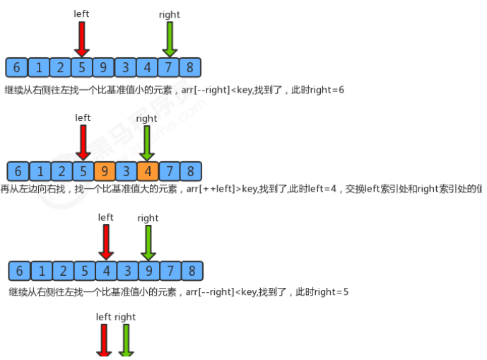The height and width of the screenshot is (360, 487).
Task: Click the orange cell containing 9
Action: click(105, 171)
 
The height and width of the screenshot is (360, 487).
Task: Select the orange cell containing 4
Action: click(148, 171)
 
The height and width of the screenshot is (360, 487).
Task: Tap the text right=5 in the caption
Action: click(329, 291)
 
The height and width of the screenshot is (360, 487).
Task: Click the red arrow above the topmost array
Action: click(82, 39)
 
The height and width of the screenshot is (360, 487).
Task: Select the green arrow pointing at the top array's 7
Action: click(169, 39)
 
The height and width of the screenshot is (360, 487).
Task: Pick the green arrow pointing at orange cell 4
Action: click(146, 142)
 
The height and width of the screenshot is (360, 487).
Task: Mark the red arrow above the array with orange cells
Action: click(83, 142)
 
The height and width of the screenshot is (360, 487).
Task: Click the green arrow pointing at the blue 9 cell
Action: click(148, 242)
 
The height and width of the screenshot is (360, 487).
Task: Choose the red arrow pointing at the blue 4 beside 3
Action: click(106, 242)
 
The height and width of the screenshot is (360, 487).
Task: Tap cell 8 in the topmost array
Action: click(190, 68)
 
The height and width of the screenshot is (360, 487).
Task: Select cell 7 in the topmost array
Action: click(169, 68)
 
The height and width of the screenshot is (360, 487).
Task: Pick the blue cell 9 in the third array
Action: click(148, 271)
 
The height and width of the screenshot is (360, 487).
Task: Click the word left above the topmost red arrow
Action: click(82, 14)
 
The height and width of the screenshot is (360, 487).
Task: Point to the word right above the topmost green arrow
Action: click(169, 14)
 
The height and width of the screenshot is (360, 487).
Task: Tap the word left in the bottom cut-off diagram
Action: click(104, 317)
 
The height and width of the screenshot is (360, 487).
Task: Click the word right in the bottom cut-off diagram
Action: click(125, 317)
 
